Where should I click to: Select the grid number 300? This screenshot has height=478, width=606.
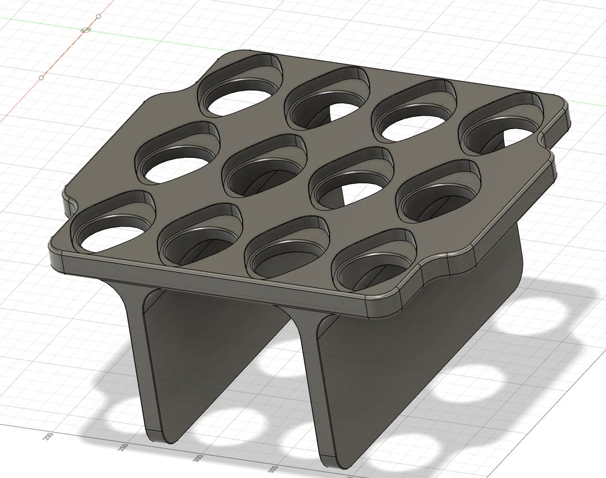click(x=197, y=459)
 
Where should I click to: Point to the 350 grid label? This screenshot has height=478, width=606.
click(x=273, y=469)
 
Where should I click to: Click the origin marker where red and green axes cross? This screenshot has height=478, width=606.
click(x=85, y=30)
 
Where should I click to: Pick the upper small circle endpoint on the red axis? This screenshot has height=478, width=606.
click(x=99, y=16)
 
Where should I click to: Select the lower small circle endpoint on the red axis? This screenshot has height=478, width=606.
click(x=42, y=78)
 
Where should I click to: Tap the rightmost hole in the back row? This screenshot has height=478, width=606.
click(x=501, y=123)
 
